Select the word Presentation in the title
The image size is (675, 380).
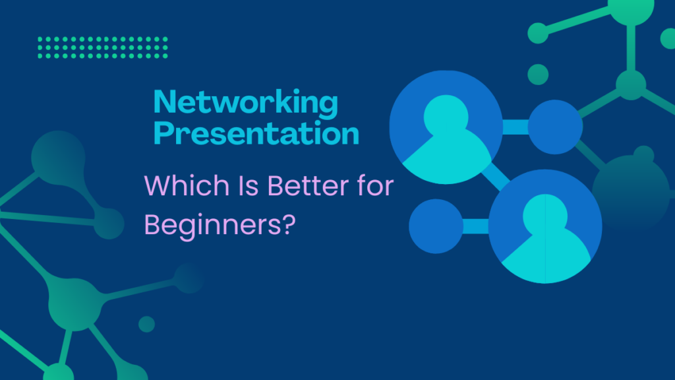(256, 133)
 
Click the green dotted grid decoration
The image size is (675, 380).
(102, 47)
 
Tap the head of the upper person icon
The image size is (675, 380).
(446, 116)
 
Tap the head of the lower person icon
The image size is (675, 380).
(545, 214)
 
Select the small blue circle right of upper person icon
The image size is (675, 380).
(555, 127)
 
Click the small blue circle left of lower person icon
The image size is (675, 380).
(436, 226)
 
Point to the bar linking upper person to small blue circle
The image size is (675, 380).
(515, 127)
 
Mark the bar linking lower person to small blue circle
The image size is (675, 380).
(476, 226)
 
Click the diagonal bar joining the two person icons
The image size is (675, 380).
(496, 177)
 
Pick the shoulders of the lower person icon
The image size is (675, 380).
(546, 257)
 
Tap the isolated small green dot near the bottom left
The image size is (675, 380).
(147, 325)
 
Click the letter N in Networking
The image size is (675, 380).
(163, 102)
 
